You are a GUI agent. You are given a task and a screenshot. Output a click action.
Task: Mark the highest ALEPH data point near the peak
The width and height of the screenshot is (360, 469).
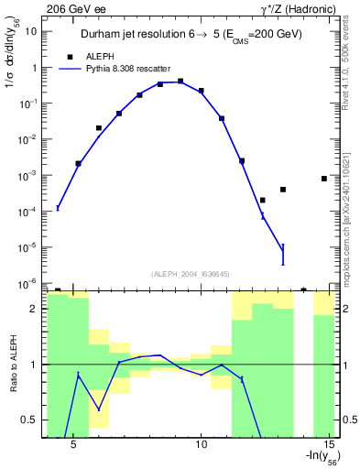coord(180,81)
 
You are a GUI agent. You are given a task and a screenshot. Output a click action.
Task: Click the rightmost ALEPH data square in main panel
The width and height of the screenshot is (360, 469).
coord(324,179)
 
